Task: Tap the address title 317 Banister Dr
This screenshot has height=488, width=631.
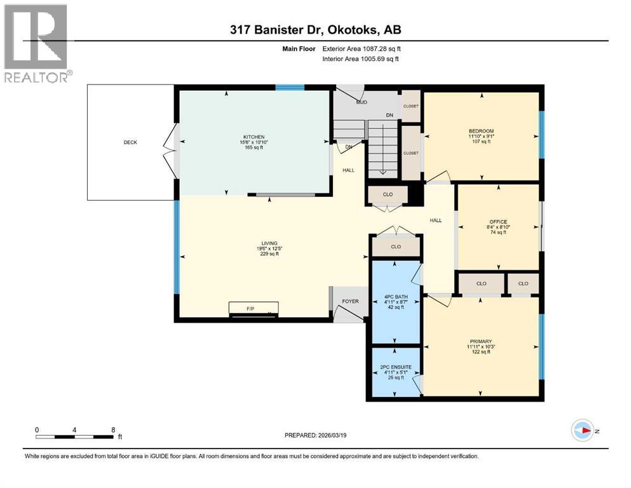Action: pos(315,30)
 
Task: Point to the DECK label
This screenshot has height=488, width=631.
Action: pos(130,142)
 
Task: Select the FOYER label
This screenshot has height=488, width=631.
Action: pos(350,301)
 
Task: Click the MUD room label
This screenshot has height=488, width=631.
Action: pos(361,102)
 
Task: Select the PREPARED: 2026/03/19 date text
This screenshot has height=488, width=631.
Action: pos(316,435)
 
